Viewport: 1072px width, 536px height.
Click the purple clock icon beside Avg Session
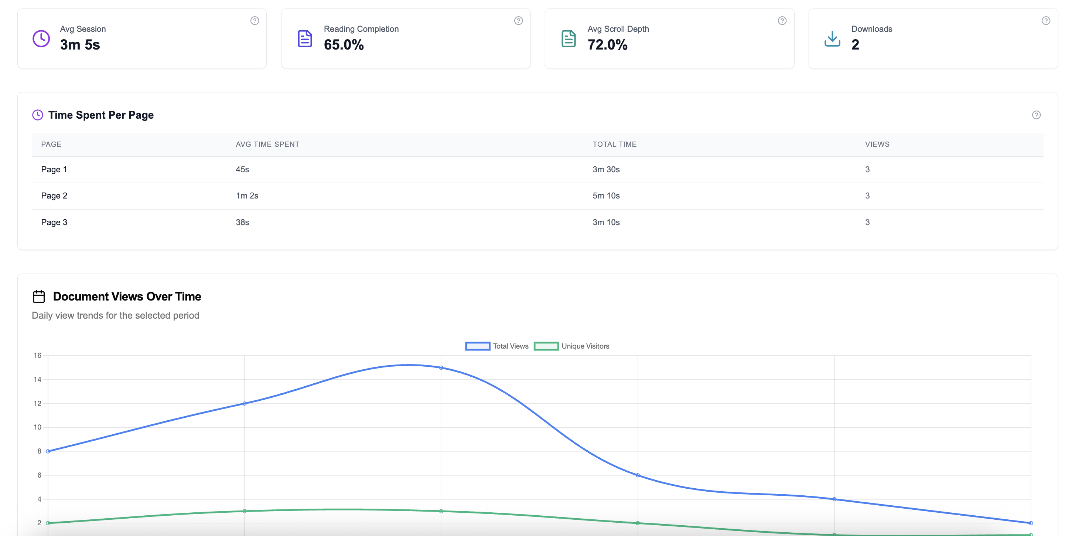point(41,39)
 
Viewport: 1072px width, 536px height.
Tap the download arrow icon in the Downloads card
point(832,39)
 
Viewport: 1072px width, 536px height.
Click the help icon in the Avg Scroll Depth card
point(782,21)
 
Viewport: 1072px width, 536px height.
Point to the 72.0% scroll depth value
point(607,45)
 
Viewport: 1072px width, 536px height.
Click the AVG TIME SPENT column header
point(267,144)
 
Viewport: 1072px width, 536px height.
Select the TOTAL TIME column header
point(614,144)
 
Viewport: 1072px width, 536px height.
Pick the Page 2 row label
point(54,196)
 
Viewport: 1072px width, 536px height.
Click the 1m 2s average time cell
point(247,196)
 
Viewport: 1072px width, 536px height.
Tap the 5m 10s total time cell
point(606,196)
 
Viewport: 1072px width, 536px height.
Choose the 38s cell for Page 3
point(242,223)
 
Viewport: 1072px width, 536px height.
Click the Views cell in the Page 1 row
point(867,170)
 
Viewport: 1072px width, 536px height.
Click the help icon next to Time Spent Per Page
point(1036,115)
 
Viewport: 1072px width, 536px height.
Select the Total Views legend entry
point(497,346)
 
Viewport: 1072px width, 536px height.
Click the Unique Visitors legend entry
point(572,346)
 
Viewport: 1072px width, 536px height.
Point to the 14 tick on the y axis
point(37,379)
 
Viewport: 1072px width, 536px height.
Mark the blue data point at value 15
point(441,368)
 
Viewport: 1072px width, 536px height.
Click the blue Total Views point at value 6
point(638,475)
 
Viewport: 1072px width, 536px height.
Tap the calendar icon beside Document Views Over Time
point(39,296)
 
